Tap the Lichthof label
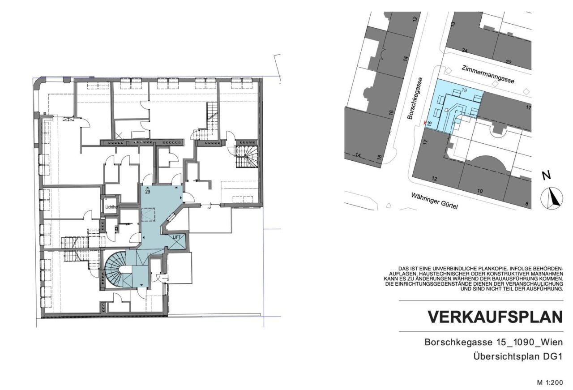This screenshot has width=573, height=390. (111, 207)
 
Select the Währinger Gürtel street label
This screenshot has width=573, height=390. (434, 202)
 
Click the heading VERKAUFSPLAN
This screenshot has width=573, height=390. (495, 317)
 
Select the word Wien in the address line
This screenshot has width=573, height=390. (552, 342)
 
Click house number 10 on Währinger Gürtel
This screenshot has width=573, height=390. (480, 191)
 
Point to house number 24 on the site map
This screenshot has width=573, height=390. (465, 51)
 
